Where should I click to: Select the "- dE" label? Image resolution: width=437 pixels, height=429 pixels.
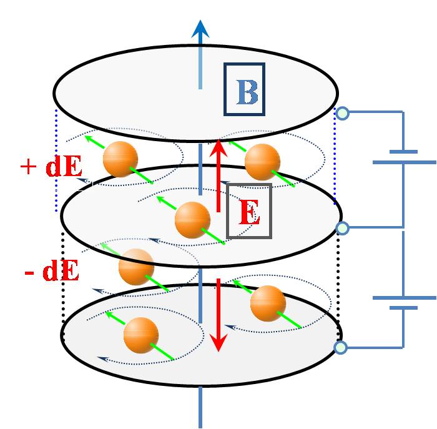click(51, 272)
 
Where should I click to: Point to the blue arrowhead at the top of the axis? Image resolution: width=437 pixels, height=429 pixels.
click(200, 29)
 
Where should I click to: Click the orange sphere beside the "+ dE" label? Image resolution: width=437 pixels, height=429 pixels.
click(120, 159)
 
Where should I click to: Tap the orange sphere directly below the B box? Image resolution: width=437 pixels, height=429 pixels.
click(262, 162)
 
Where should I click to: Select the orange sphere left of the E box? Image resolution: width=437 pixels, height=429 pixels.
click(192, 220)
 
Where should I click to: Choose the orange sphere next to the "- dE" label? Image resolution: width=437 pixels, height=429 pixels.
click(136, 267)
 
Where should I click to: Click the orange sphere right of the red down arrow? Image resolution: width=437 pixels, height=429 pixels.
click(268, 303)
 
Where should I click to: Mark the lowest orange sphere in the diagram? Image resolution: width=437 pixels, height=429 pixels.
click(141, 335)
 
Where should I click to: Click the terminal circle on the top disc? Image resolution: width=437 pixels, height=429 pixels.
click(342, 113)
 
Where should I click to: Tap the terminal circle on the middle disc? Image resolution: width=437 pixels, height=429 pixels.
click(342, 228)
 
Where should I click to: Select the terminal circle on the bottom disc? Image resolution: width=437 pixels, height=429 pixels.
click(341, 347)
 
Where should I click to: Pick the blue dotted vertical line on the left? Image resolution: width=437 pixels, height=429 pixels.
click(56, 153)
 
